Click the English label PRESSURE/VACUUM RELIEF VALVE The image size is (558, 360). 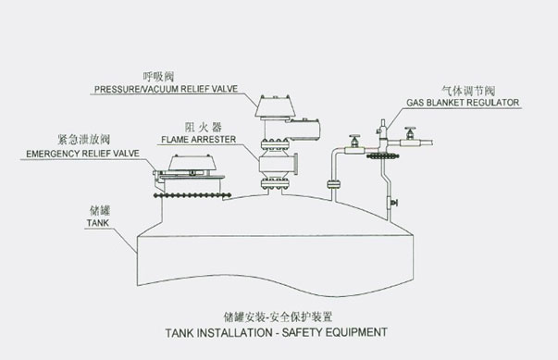166,89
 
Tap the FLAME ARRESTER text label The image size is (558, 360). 199,140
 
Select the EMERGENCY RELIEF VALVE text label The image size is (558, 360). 82,154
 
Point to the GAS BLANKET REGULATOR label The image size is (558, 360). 463,103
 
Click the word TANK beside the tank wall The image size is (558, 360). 98,223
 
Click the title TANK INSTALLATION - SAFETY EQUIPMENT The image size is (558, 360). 276,332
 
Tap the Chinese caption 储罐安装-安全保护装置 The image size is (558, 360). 278,317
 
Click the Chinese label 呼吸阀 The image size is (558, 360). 158,77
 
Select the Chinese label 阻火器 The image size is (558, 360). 204,127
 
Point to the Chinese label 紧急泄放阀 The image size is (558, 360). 83,139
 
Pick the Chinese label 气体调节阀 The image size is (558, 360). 468,91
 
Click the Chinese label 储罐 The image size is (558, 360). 100,211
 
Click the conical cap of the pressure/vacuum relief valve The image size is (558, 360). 273,106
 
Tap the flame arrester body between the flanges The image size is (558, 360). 275,164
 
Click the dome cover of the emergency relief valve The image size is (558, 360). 188,163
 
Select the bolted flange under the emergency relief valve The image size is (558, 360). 192,195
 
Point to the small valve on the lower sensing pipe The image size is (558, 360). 391,203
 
